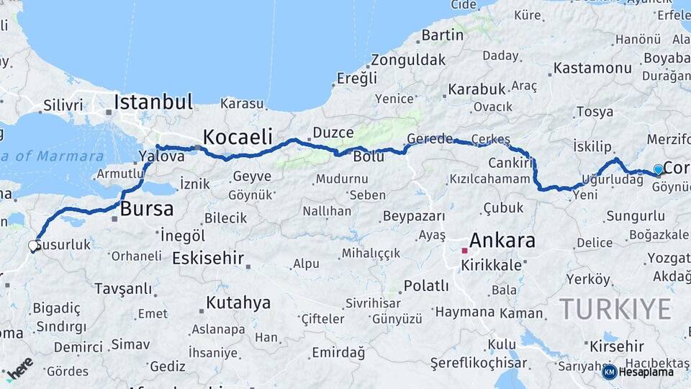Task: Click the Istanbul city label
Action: pos(153,101)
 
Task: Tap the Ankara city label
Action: pos(502,241)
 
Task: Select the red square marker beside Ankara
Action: pos(465,251)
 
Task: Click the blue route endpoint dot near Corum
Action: pos(658,170)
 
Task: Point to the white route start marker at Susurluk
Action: pos(33,246)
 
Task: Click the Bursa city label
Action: pos(147,210)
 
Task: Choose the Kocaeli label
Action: pos(238,137)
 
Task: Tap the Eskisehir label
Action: pos(208,258)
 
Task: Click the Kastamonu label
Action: pos(593,68)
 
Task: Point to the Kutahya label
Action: pos(238,303)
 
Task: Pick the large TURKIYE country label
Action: pos(615,309)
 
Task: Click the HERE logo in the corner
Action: pos(19,367)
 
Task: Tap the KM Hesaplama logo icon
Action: pos(609,372)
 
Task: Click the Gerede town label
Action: pos(430,138)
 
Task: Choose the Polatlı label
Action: pos(426,286)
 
